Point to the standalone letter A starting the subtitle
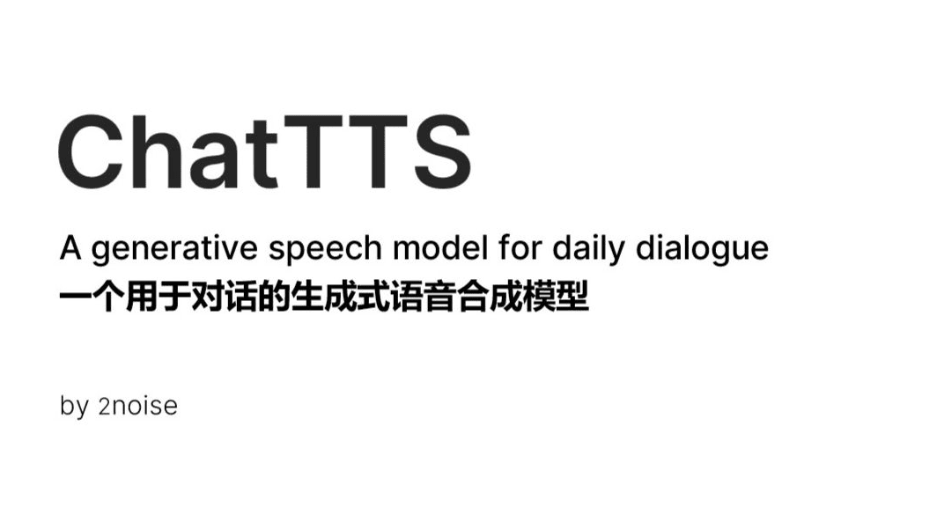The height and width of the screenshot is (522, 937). [70, 248]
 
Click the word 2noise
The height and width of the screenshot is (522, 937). [138, 406]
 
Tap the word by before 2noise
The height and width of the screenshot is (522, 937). [74, 408]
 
